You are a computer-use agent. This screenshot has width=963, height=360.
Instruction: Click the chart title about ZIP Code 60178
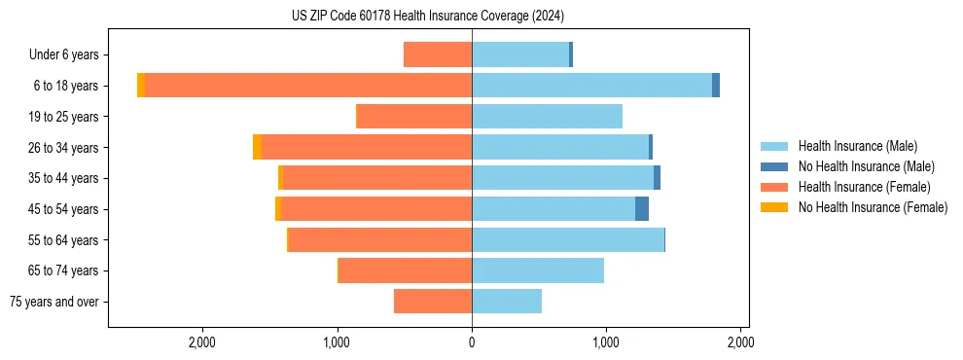coord(427,17)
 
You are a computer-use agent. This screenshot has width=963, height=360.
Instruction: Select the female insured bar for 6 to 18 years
coord(307,86)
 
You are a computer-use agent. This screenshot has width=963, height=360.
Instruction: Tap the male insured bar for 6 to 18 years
coord(591,86)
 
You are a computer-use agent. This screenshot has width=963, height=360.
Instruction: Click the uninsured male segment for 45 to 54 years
coord(642,209)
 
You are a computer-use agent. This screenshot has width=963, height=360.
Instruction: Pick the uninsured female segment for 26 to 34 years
coord(257,147)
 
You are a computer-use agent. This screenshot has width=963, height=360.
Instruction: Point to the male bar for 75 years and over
coord(507,302)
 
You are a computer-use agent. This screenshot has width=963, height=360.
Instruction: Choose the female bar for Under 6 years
coord(438,54)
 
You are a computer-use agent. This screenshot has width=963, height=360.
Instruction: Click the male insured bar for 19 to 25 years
coord(547,117)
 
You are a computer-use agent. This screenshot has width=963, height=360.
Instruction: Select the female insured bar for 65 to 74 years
coord(406,270)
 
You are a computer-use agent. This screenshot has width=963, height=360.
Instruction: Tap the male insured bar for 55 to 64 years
coord(568,239)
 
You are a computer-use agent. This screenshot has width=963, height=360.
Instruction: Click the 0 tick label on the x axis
coord(472,342)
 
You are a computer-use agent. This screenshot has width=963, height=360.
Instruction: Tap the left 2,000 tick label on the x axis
coord(202,342)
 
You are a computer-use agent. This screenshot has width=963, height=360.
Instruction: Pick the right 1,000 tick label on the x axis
coord(606,342)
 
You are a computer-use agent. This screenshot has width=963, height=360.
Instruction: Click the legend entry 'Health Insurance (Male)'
coord(857,146)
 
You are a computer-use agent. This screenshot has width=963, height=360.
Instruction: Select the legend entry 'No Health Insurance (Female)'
coord(873,207)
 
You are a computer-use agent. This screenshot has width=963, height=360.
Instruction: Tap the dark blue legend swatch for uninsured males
coord(774,166)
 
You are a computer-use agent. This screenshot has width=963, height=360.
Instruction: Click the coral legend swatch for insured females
coord(774,187)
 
